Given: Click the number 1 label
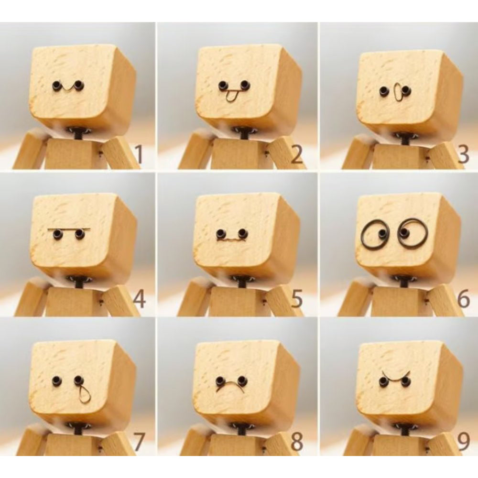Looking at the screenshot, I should (x=138, y=154).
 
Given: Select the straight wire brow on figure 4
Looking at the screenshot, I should (x=69, y=230).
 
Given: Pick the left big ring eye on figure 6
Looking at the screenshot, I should (x=374, y=234).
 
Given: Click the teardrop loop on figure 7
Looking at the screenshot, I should (x=84, y=394).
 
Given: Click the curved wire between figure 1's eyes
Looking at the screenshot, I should (x=67, y=87).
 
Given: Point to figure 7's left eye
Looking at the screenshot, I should (x=56, y=380).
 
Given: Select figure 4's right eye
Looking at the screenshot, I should (x=80, y=235).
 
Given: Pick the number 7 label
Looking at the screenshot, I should (x=139, y=443).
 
